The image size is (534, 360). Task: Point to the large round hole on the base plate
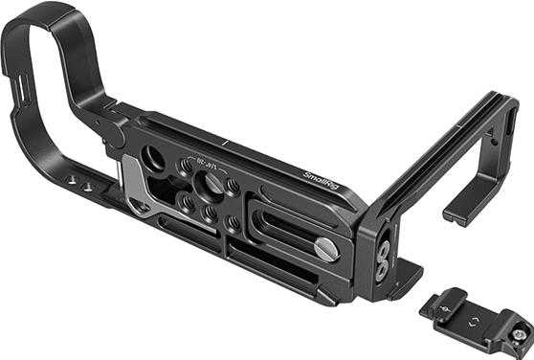(x=152, y=159)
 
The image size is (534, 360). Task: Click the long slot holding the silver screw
(x=287, y=230)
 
